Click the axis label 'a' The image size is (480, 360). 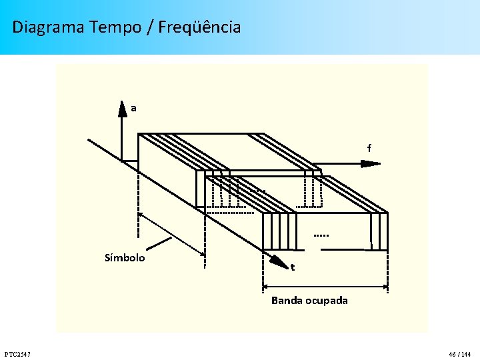(x=133, y=108)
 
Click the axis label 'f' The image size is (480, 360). (x=369, y=149)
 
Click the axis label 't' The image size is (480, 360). (x=292, y=268)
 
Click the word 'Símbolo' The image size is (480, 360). (x=125, y=258)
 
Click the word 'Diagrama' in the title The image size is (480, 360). (x=48, y=27)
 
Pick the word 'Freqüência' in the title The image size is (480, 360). (x=200, y=27)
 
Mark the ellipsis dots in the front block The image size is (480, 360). (x=321, y=235)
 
